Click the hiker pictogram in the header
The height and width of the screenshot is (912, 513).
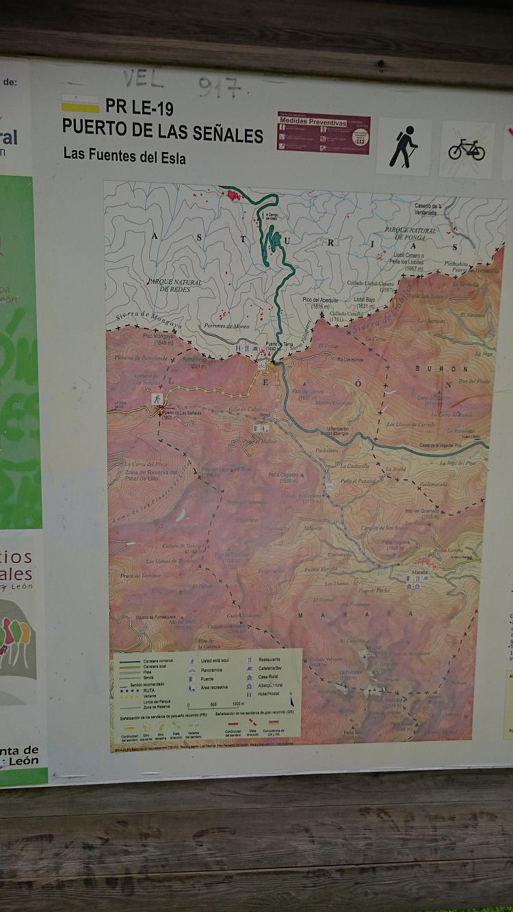404,146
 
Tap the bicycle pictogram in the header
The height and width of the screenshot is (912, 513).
466,148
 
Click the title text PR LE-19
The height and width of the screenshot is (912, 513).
139,107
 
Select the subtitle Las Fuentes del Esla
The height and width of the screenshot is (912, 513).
124,155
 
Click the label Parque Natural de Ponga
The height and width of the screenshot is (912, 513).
410,234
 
